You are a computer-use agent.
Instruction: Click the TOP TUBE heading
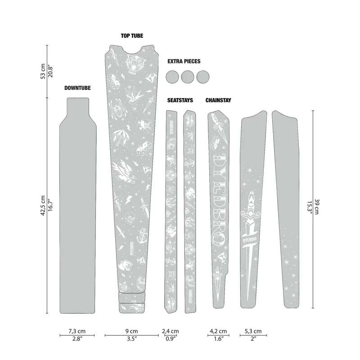pyautogui.click(x=132, y=36)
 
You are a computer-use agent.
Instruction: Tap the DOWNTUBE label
pyautogui.click(x=77, y=88)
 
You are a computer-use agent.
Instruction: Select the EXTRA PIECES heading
pyautogui.click(x=184, y=61)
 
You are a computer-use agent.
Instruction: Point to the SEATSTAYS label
pyautogui.click(x=180, y=100)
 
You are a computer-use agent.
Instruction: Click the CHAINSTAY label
pyautogui.click(x=218, y=100)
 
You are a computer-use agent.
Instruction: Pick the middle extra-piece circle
pyautogui.click(x=188, y=76)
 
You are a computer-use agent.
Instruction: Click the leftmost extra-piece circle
pyautogui.click(x=172, y=76)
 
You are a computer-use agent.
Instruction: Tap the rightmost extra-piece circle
pyautogui.click(x=203, y=76)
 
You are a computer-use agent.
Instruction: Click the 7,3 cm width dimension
pyautogui.click(x=77, y=331)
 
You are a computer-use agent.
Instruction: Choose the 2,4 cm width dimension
pyautogui.click(x=170, y=331)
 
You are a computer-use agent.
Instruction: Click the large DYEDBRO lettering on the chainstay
pyautogui.click(x=221, y=193)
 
